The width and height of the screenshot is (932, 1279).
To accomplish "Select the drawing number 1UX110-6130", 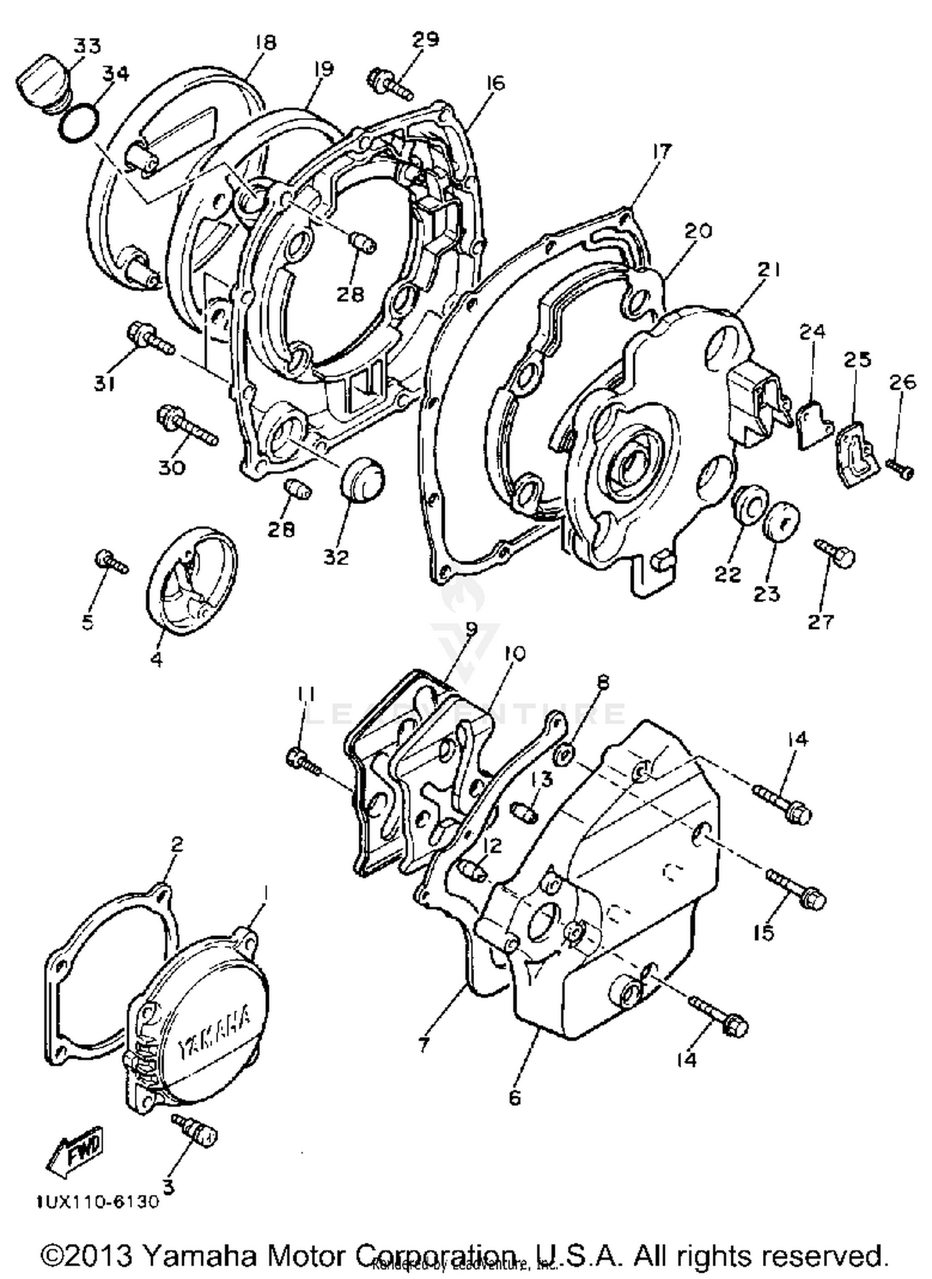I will [97, 1201].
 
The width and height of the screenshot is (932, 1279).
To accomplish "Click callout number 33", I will [86, 45].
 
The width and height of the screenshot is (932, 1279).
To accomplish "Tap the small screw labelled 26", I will [900, 469].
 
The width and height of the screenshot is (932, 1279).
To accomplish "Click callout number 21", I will [769, 269].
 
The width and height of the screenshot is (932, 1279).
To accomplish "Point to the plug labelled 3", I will [196, 1132].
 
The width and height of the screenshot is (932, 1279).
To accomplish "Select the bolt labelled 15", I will [797, 889].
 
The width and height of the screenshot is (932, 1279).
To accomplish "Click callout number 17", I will [662, 151].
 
